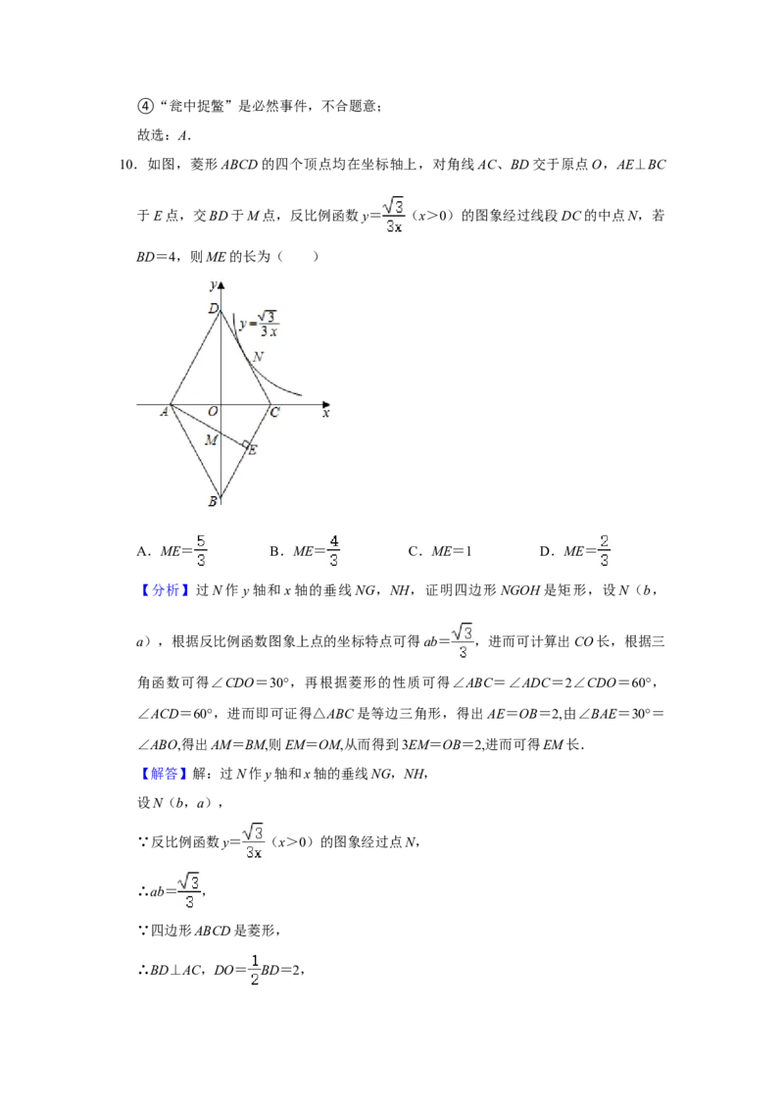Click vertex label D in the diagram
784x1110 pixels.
click(213, 308)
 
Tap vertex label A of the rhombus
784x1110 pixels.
click(165, 411)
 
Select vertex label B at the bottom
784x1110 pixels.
click(213, 501)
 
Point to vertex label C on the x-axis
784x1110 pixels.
click(275, 412)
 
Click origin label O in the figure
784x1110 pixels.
click(213, 411)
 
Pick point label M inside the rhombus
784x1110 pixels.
click(211, 440)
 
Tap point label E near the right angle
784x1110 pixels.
click(253, 450)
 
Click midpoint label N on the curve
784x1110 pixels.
click(259, 357)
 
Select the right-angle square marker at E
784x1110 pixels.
click(245, 444)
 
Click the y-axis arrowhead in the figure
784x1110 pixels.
click(220, 285)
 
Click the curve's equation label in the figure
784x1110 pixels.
click(259, 324)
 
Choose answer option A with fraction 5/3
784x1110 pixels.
click(171, 551)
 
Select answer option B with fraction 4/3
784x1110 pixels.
click(305, 551)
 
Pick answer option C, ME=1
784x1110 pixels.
click(440, 551)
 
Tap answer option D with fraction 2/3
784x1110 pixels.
click(575, 551)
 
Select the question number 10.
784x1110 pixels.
click(127, 165)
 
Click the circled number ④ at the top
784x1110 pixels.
click(145, 106)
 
